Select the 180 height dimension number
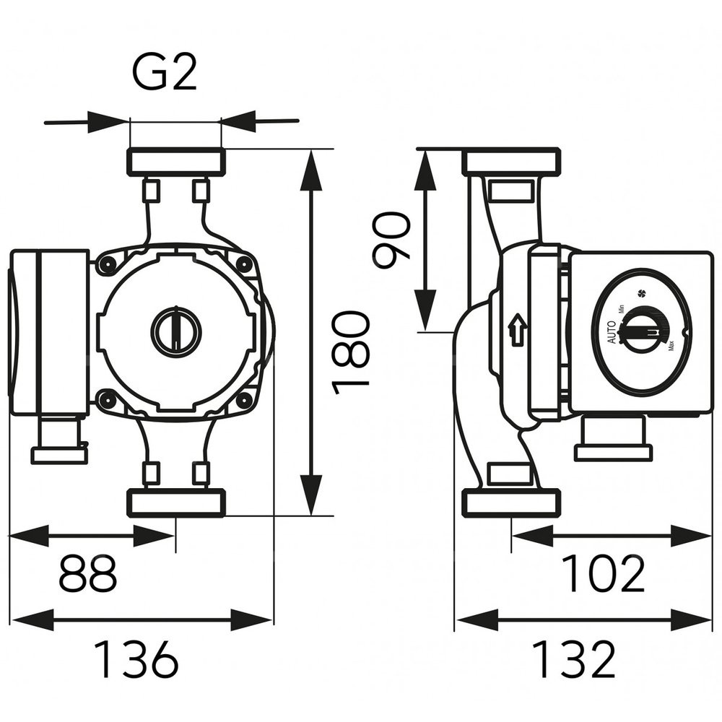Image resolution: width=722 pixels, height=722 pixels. point(352,352)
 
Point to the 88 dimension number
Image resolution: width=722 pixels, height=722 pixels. point(87,574)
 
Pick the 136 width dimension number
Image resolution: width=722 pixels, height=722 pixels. point(136,658)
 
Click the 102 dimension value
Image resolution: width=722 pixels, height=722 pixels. point(603,574)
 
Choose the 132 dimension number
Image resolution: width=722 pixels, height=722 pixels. point(574,658)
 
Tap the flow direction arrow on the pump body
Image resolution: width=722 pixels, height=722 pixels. point(518,331)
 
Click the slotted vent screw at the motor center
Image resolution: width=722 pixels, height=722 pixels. point(175,331)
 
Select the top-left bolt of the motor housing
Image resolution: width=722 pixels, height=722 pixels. point(108,266)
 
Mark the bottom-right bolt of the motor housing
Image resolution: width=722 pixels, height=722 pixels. point(244,399)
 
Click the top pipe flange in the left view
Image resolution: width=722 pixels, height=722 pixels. point(175,162)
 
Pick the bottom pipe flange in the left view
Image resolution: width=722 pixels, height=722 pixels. point(175,503)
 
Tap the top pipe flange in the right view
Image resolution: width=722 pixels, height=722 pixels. point(511,161)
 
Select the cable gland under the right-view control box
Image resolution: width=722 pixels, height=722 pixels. point(613,440)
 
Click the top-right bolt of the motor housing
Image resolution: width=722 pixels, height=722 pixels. point(244,265)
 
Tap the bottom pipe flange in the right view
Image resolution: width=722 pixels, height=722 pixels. point(511,503)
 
